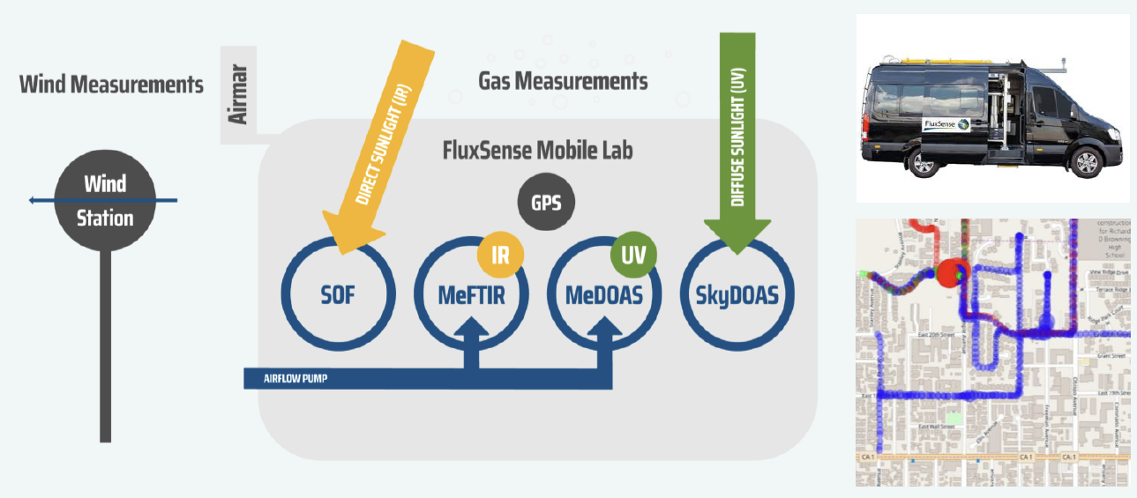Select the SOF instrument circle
337,294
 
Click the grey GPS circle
545,203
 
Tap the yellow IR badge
500,256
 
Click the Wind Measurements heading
111,85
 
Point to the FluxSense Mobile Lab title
537,150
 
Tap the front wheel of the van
1087,164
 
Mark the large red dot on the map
952,273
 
